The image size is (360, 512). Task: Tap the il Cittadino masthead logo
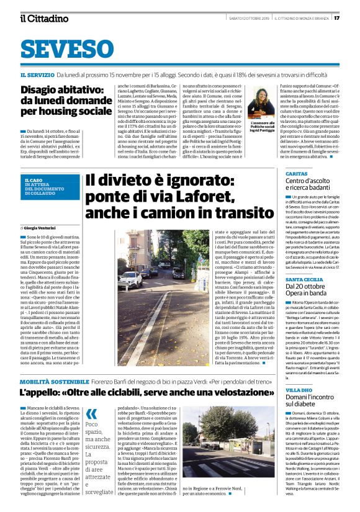click(x=44, y=18)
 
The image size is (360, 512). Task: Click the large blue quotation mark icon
click(x=91, y=413)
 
